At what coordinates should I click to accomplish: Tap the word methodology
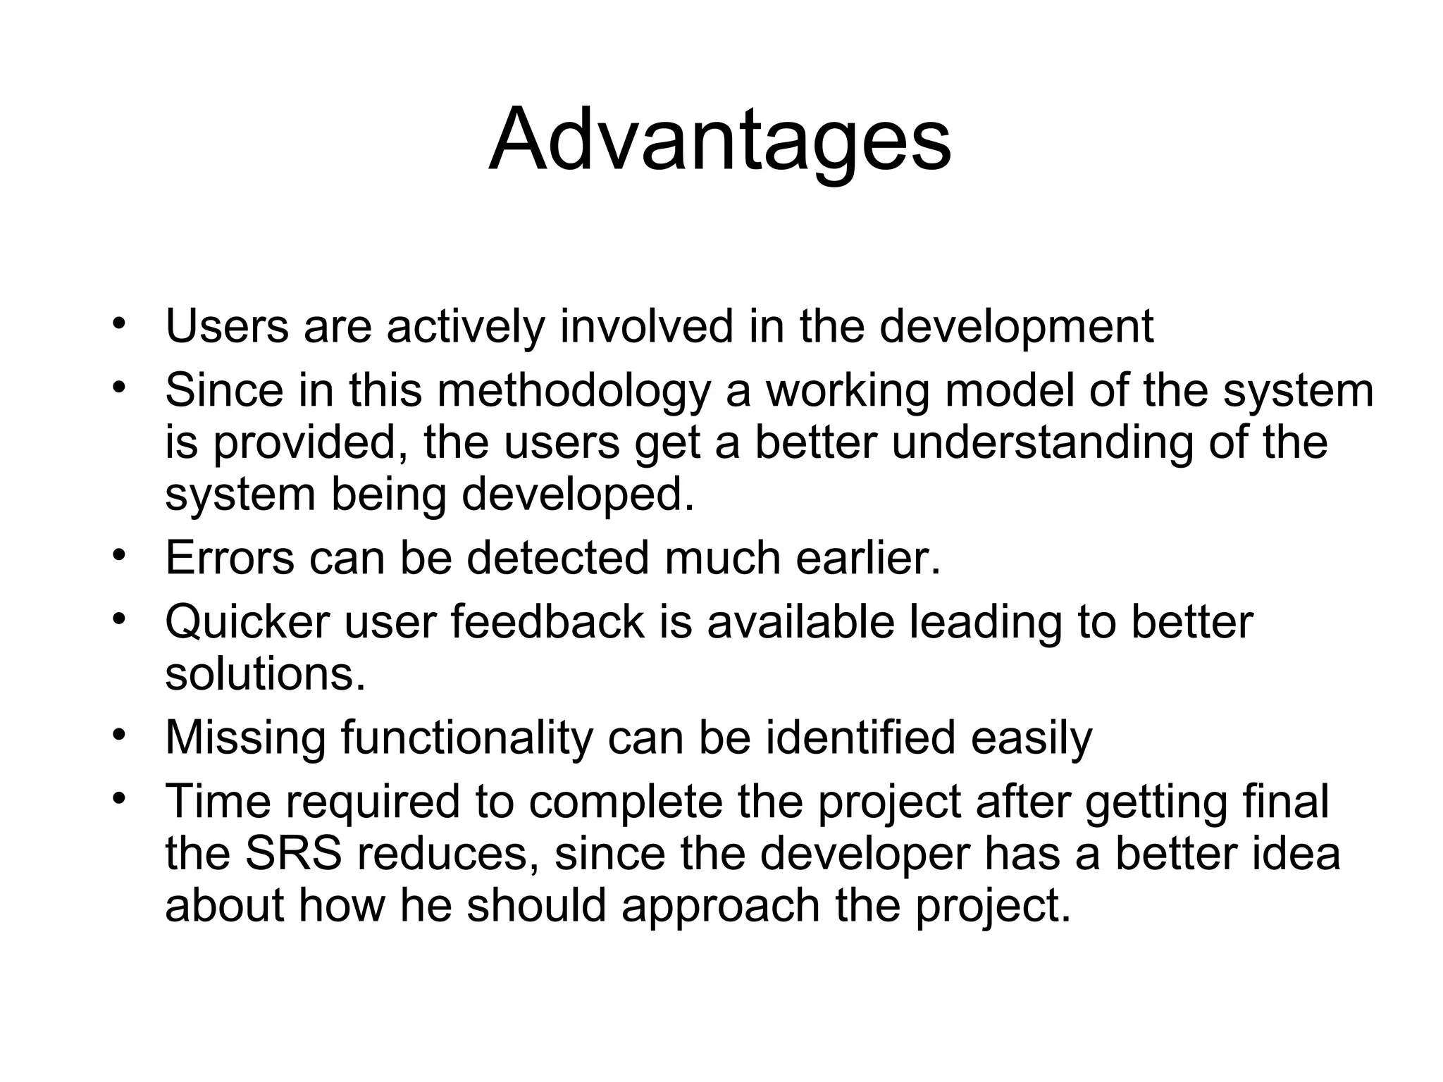(x=574, y=391)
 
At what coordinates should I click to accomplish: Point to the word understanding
(x=1042, y=443)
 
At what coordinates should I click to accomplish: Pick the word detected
(x=557, y=558)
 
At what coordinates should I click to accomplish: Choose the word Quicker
(x=247, y=622)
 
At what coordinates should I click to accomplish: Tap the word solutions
(x=265, y=674)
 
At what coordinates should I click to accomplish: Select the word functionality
(x=467, y=738)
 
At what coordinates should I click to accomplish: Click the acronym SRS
(x=293, y=853)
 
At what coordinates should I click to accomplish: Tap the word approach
(x=721, y=905)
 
